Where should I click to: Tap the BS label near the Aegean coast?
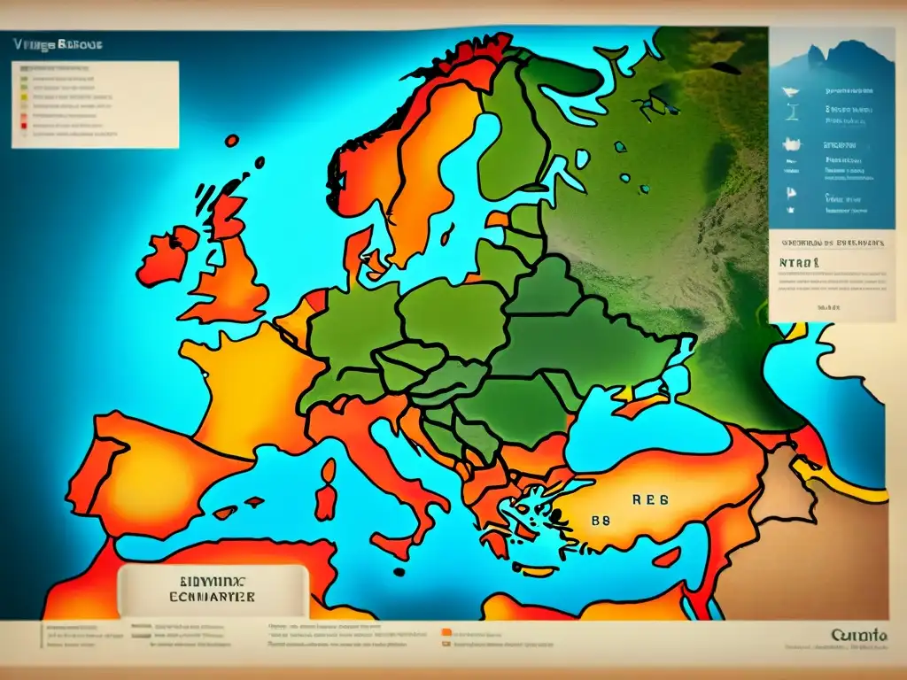[x=602, y=522]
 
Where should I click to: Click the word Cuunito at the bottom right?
[x=859, y=635]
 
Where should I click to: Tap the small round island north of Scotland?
[x=231, y=140]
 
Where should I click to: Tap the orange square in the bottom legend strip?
[x=446, y=633]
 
